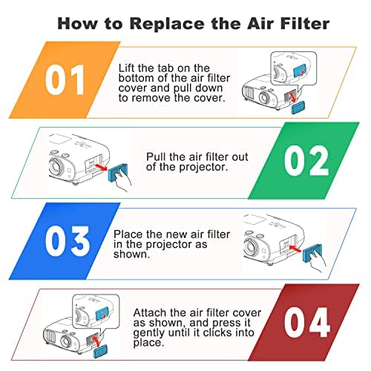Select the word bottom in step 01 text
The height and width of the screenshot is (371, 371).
[x=137, y=79]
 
